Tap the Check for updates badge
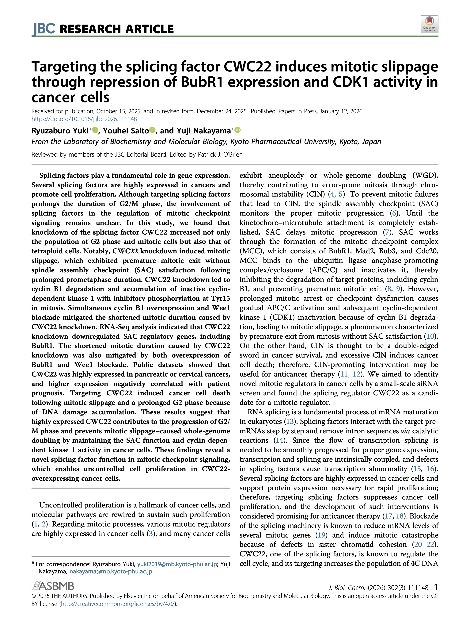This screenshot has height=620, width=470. point(429,24)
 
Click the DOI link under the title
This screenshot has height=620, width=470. point(84,119)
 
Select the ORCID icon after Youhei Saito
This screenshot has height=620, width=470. point(152,130)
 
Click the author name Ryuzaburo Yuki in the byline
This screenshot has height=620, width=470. point(60,131)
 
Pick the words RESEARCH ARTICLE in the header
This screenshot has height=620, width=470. point(117,29)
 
